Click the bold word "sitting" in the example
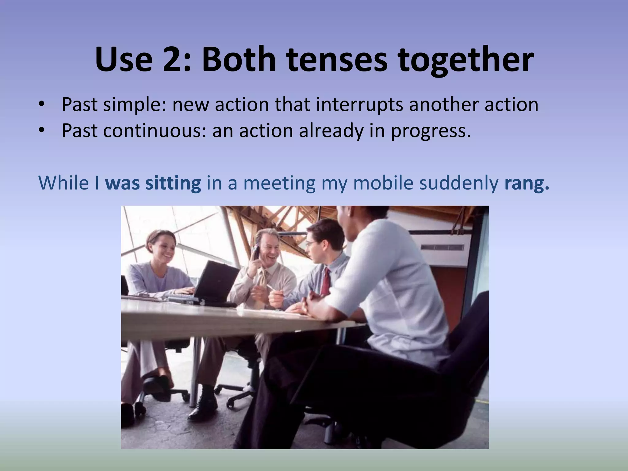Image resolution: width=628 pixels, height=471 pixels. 173,183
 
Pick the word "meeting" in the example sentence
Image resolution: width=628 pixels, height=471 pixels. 279,183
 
